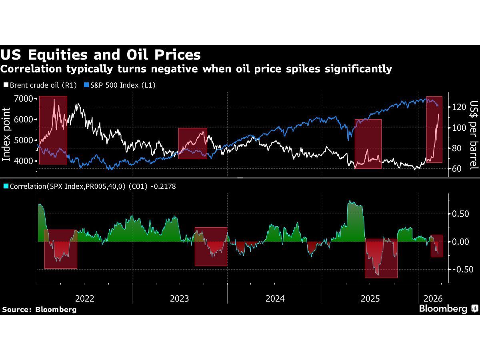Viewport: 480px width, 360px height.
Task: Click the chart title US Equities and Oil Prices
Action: tap(100, 54)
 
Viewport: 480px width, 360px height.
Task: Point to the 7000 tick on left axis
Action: tap(24, 98)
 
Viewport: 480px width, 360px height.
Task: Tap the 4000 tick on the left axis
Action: tap(24, 161)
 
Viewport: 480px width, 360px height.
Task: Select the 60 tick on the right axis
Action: tap(457, 168)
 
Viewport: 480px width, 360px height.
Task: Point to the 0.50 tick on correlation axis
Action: tap(460, 214)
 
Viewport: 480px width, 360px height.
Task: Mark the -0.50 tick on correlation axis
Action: tap(458, 269)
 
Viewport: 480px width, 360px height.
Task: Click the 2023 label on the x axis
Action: tap(180, 298)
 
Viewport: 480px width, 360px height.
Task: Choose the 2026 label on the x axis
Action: tap(433, 298)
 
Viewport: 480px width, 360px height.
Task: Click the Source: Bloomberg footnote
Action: tap(39, 309)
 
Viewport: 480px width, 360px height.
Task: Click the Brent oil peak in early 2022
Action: tap(54, 99)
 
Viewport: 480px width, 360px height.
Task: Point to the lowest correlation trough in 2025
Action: tap(377, 275)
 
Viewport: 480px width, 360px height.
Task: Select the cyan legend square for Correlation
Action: tap(6, 186)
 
